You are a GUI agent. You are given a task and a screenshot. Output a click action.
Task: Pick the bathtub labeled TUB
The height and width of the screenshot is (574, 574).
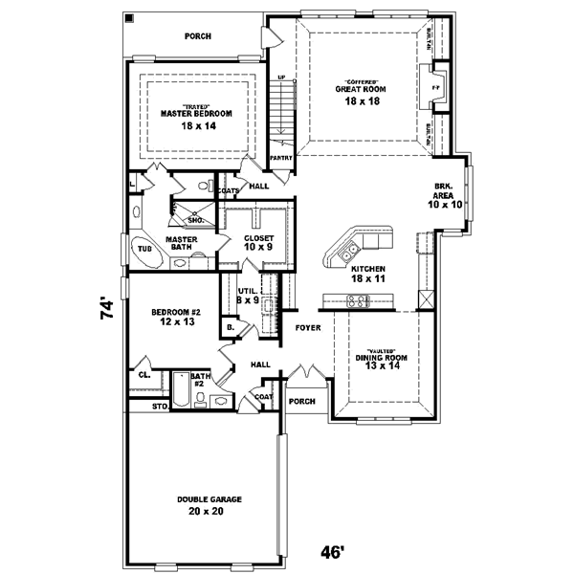[x=144, y=249]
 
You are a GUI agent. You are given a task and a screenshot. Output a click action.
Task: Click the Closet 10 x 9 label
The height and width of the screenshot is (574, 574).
[x=258, y=243]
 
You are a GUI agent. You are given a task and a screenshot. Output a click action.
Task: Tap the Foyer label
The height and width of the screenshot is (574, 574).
[x=307, y=327]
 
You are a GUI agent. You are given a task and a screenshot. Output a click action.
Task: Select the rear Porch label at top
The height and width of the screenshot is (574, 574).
[x=198, y=36]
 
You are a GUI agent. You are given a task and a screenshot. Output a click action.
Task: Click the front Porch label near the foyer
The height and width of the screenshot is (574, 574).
[x=302, y=401]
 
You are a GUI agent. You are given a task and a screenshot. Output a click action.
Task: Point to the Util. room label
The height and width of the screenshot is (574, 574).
[x=248, y=296]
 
